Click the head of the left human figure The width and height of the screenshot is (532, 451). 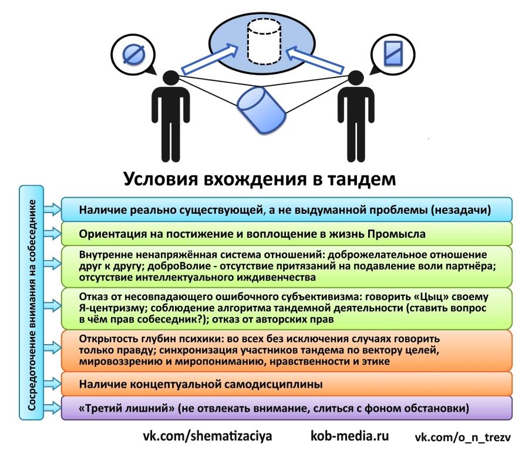pos(171,79)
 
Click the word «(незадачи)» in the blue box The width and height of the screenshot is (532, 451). pos(462,209)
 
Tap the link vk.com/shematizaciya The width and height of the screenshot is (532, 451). pos(208,437)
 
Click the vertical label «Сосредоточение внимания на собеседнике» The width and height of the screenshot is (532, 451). pos(33,302)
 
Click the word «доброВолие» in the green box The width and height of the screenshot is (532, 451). pos(172,265)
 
